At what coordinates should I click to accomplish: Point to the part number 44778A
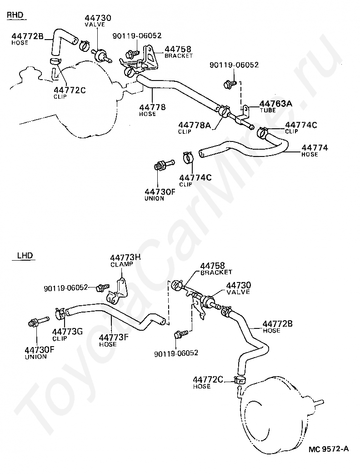tap(195, 125)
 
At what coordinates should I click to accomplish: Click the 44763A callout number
tap(275, 104)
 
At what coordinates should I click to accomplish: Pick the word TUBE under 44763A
tap(268, 111)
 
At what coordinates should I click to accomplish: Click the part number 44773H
tap(125, 257)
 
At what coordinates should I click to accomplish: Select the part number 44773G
tap(67, 331)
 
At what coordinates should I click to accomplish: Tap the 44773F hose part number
tap(114, 338)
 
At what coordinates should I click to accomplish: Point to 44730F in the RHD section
tap(160, 192)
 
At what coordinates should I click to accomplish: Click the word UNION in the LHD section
tap(36, 357)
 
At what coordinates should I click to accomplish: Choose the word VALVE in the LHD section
tap(239, 292)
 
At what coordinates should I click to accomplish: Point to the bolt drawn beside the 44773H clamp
tap(102, 287)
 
